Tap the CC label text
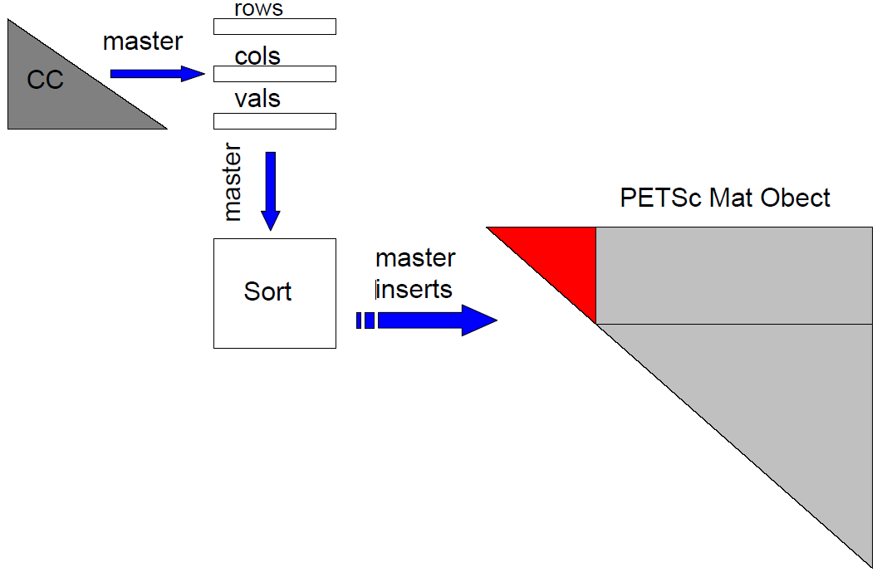45,80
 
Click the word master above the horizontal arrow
143,42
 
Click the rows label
258,9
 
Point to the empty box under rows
274,27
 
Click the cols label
257,56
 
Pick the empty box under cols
274,74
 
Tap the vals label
257,100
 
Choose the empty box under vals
274,121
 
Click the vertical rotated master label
233,183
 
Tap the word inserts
414,289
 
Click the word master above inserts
415,258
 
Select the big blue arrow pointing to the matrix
432,320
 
